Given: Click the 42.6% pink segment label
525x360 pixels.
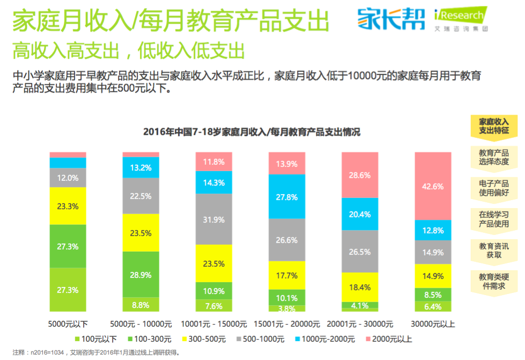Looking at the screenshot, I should point(433,187).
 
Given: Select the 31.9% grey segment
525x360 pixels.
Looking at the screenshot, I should point(213,219).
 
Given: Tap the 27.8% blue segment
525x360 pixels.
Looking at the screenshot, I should point(287,197).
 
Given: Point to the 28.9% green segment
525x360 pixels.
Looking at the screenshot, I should point(141,274).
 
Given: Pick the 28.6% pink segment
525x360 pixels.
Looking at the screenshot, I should point(360,175).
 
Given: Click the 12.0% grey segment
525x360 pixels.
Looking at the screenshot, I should point(68,178).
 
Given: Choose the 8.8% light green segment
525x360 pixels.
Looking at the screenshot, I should point(141,305).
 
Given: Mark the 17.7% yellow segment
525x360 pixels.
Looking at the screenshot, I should point(287,276).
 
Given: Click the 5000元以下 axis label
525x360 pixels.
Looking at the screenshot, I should point(68,324).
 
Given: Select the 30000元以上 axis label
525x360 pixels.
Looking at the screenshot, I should point(433,324).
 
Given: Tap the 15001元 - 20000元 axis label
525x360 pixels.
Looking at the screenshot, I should point(286,324).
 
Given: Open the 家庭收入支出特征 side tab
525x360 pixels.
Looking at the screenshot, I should point(493,126).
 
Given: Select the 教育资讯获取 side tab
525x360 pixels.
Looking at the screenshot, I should point(493,250).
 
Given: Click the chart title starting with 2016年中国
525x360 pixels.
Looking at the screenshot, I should point(252,132).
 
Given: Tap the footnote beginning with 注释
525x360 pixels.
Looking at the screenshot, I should point(97,353).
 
